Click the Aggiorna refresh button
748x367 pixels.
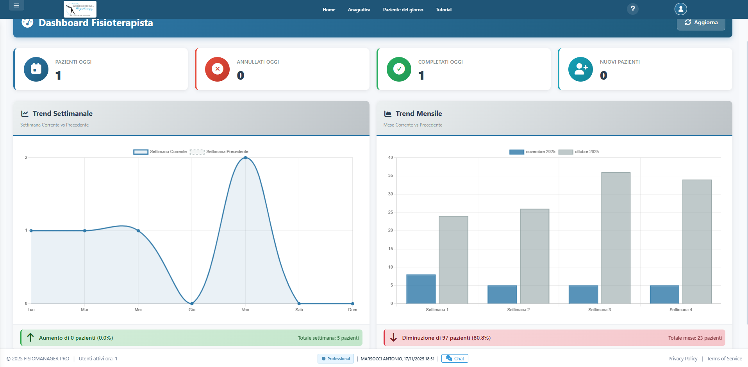point(701,23)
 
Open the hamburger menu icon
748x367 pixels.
point(16,5)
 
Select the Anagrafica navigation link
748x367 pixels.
point(359,10)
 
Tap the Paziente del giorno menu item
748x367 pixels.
point(403,10)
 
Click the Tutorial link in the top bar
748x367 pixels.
point(443,10)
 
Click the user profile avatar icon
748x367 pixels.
point(680,9)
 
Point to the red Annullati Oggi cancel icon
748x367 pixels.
point(217,69)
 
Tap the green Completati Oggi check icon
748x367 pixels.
point(399,69)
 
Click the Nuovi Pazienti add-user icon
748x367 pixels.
point(580,69)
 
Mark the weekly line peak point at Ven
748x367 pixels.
point(245,158)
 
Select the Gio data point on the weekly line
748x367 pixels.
point(192,303)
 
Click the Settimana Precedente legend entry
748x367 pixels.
point(219,151)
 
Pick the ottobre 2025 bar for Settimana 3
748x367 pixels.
point(616,238)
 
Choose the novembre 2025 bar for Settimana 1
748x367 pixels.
point(421,289)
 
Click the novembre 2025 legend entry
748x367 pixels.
point(532,151)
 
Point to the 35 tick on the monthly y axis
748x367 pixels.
point(391,176)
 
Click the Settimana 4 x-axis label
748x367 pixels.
point(680,310)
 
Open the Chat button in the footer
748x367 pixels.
point(455,358)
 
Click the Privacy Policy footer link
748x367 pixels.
point(682,358)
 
